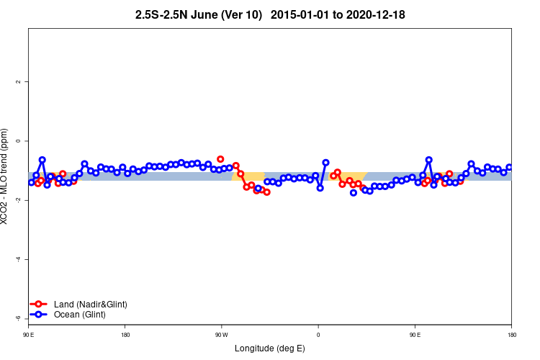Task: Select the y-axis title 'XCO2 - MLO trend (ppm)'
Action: click(x=6, y=176)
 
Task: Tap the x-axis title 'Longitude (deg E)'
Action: click(x=270, y=349)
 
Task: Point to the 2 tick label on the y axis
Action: click(x=19, y=82)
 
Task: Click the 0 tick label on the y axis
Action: click(x=19, y=141)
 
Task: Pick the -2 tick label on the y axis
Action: click(x=19, y=200)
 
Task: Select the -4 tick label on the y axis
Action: click(x=19, y=259)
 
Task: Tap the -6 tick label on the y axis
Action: click(x=19, y=318)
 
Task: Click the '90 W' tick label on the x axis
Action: click(x=221, y=335)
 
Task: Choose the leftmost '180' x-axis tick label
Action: click(x=125, y=335)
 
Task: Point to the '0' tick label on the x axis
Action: click(x=318, y=335)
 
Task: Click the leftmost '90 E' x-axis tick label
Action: click(x=28, y=335)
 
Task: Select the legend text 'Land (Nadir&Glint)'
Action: click(x=91, y=305)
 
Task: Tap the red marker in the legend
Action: click(x=40, y=305)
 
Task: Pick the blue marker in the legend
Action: click(x=40, y=315)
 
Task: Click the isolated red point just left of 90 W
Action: click(x=220, y=159)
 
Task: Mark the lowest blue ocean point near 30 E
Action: click(x=354, y=193)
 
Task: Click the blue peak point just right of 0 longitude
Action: click(x=325, y=163)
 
